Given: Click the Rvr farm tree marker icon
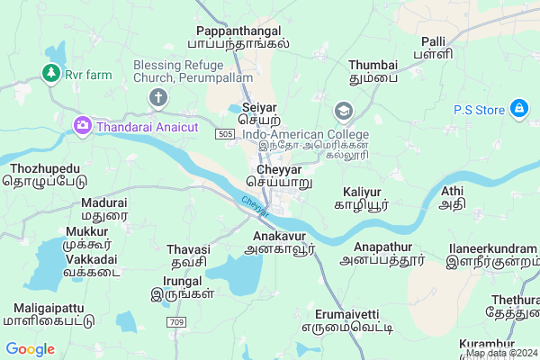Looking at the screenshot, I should click(52, 73).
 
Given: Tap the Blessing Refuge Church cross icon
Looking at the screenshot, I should click(158, 97).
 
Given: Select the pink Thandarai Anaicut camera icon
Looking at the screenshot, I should click(83, 125).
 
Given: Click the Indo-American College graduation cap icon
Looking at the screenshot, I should click(343, 111).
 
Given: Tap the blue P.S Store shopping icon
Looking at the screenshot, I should click(518, 110).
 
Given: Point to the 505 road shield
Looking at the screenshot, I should click(227, 133).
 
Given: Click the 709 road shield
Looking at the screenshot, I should click(176, 322).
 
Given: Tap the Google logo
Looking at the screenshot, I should click(30, 349).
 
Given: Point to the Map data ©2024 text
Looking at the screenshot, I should click(501, 353).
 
